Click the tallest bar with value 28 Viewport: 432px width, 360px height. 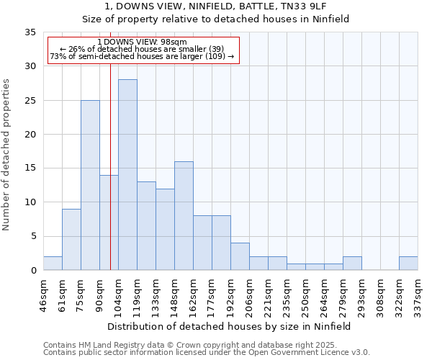[127, 175]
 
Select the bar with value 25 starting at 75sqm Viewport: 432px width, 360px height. [90, 185]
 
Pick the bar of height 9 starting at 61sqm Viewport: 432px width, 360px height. [71, 240]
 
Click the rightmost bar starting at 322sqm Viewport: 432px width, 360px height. [408, 264]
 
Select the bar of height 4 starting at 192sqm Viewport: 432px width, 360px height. [240, 257]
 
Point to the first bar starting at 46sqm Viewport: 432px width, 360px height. [53, 264]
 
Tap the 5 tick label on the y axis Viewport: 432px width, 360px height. [32, 237]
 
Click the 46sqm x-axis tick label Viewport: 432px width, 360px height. [44, 293]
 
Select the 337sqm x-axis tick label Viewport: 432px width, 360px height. [418, 293]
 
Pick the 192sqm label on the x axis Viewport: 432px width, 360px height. [231, 293]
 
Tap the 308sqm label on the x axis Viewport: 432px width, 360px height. [381, 293]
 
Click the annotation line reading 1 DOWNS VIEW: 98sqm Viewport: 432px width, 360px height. [142, 42]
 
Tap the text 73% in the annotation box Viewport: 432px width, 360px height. [58, 56]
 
